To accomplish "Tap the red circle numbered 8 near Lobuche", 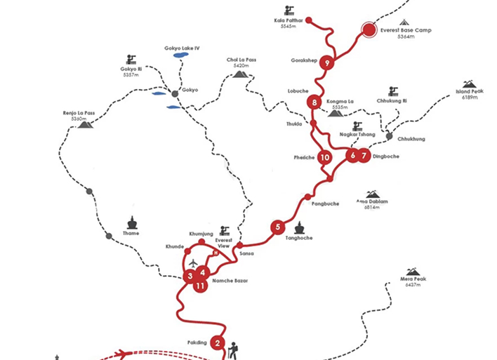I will (314, 103).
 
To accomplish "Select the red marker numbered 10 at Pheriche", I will (324, 157).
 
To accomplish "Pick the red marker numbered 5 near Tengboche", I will (279, 227).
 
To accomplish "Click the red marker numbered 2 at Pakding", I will (218, 343).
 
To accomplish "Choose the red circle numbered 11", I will (200, 286).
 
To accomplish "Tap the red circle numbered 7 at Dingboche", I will (363, 156).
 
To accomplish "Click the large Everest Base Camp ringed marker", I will (369, 29).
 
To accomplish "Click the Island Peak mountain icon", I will (470, 84).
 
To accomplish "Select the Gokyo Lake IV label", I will (182, 48).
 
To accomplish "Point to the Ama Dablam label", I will (372, 201).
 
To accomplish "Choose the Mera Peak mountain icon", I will (412, 272).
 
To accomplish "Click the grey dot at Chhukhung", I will (390, 135).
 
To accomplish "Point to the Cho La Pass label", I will (241, 60).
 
